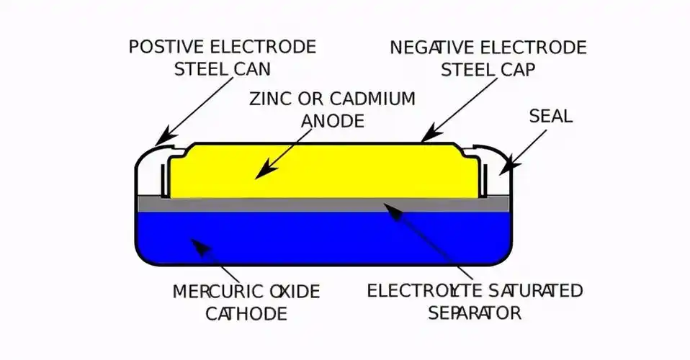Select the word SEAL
[x=550, y=116]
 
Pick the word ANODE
[x=331, y=120]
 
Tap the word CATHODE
[x=246, y=313]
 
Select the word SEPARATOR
[x=474, y=313]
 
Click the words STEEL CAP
[x=488, y=69]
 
